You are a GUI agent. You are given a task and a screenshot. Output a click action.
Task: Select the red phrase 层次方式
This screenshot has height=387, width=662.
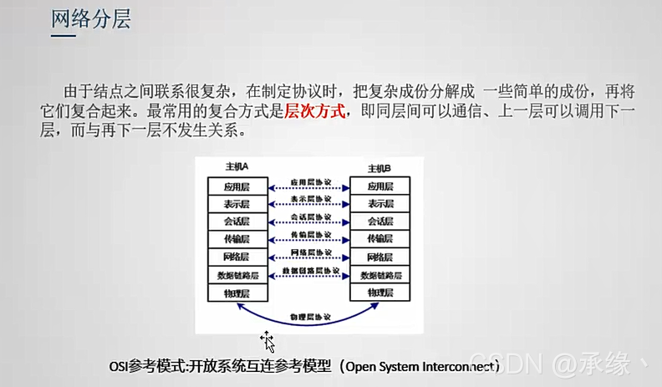[x=315, y=111]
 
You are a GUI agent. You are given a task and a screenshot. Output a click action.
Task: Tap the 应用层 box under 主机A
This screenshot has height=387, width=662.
[x=237, y=186]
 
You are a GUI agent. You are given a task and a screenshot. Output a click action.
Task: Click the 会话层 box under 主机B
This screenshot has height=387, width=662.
[x=379, y=222]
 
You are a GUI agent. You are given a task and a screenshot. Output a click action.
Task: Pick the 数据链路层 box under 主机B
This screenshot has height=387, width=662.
[x=379, y=275]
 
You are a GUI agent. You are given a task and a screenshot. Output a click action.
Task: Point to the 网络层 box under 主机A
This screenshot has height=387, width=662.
[x=237, y=257]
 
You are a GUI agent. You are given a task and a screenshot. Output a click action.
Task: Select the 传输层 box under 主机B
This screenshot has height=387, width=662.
[x=379, y=239]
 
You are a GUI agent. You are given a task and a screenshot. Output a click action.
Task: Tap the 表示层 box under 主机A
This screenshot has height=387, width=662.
[x=237, y=204]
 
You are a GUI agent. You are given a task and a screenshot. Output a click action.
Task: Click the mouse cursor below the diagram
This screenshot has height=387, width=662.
[x=267, y=340]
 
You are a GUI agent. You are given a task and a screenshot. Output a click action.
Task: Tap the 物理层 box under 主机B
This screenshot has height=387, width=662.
[x=379, y=292]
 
